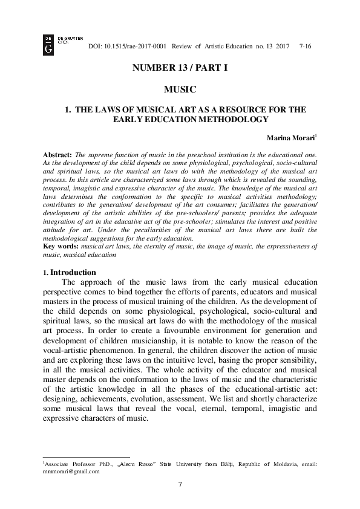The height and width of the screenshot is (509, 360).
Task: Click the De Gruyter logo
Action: click(x=48, y=44)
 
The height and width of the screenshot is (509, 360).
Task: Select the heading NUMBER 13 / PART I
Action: click(x=180, y=68)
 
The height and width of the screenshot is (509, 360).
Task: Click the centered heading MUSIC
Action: click(x=180, y=89)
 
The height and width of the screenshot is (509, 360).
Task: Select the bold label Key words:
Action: click(x=62, y=248)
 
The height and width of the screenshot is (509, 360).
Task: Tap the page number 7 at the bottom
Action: click(x=180, y=484)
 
